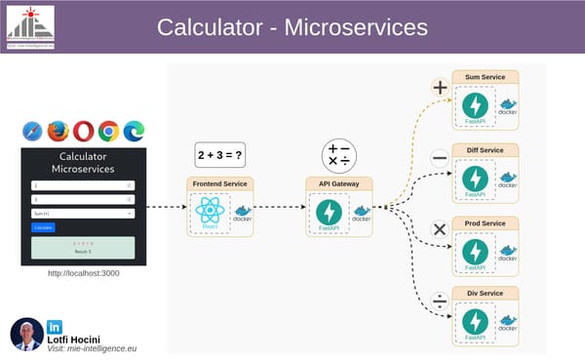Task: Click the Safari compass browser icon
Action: pyautogui.click(x=32, y=131)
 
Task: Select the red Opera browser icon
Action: pyautogui.click(x=84, y=131)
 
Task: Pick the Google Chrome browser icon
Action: pyautogui.click(x=108, y=131)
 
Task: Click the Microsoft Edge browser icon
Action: pyautogui.click(x=134, y=131)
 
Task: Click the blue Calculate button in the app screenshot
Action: pyautogui.click(x=43, y=226)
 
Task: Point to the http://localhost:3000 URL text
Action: pyautogui.click(x=83, y=274)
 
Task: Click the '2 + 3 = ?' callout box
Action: pyautogui.click(x=218, y=155)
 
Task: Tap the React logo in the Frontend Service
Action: pyautogui.click(x=210, y=214)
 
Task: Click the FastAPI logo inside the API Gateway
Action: pyautogui.click(x=330, y=212)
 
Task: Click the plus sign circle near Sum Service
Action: pyautogui.click(x=440, y=88)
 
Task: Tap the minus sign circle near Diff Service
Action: pyautogui.click(x=440, y=158)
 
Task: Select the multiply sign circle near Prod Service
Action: pyautogui.click(x=440, y=230)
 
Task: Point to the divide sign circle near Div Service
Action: pyautogui.click(x=440, y=300)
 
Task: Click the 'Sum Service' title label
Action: pyautogui.click(x=485, y=77)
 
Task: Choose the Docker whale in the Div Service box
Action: pyautogui.click(x=507, y=319)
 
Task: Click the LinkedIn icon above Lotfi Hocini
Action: pyautogui.click(x=55, y=325)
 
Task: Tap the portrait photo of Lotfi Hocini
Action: pyautogui.click(x=26, y=334)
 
